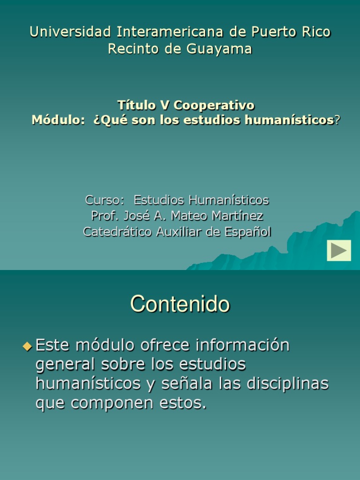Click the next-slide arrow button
coord(339,250)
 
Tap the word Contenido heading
coord(180,304)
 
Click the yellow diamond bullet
coord(26,347)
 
